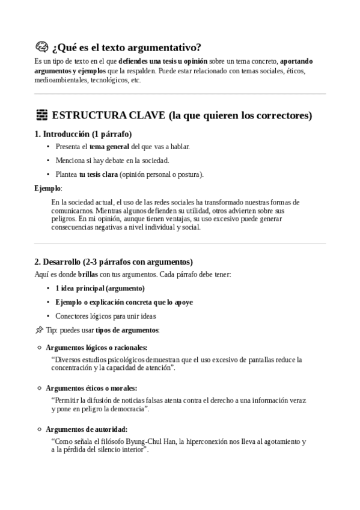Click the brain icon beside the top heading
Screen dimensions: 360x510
[41, 48]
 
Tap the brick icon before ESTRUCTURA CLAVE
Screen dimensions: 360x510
[41, 115]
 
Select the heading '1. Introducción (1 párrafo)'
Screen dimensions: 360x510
[83, 134]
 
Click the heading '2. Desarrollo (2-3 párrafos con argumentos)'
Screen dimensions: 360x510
[114, 262]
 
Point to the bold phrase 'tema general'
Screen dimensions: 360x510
[109, 147]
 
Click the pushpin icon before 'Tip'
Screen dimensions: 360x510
[39, 330]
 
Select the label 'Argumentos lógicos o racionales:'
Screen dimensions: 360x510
[96, 348]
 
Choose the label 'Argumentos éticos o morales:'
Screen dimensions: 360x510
[91, 388]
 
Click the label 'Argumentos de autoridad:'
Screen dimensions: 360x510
[87, 429]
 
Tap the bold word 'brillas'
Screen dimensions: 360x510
[88, 274]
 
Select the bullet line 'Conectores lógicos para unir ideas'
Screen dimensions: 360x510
[105, 316]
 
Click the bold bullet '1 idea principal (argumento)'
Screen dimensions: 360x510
[100, 288]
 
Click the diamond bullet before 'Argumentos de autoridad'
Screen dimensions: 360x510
[40, 429]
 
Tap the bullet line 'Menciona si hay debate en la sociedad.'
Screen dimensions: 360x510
[112, 161]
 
